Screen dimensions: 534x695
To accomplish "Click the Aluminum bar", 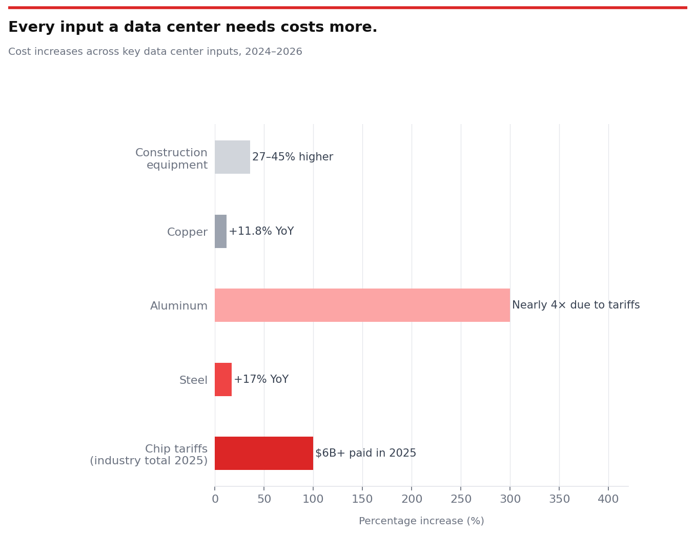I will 362,305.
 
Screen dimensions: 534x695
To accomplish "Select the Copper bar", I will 220,231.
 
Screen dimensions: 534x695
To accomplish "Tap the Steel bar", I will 223,379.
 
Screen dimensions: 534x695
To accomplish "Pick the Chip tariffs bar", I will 263,453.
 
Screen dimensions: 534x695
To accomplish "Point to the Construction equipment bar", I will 232,157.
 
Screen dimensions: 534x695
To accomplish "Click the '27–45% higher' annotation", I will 292,157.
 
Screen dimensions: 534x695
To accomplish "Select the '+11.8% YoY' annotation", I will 261,231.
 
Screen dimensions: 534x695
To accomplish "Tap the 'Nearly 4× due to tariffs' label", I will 576,305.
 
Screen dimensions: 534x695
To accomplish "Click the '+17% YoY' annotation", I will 261,379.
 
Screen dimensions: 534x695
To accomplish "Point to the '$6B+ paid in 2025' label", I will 365,453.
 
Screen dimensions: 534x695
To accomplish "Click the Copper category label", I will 187,232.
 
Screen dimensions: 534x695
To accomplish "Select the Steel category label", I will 193,380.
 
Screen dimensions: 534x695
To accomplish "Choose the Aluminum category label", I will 179,306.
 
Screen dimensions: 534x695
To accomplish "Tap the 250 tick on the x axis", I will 461,499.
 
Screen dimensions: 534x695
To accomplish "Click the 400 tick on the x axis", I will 608,499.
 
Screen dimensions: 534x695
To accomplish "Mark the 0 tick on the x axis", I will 215,499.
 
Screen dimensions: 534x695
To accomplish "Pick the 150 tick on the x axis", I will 362,499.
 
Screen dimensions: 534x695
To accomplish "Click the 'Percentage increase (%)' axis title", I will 421,521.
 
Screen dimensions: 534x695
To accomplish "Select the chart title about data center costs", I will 193,27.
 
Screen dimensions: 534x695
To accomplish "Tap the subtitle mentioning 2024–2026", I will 155,52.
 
